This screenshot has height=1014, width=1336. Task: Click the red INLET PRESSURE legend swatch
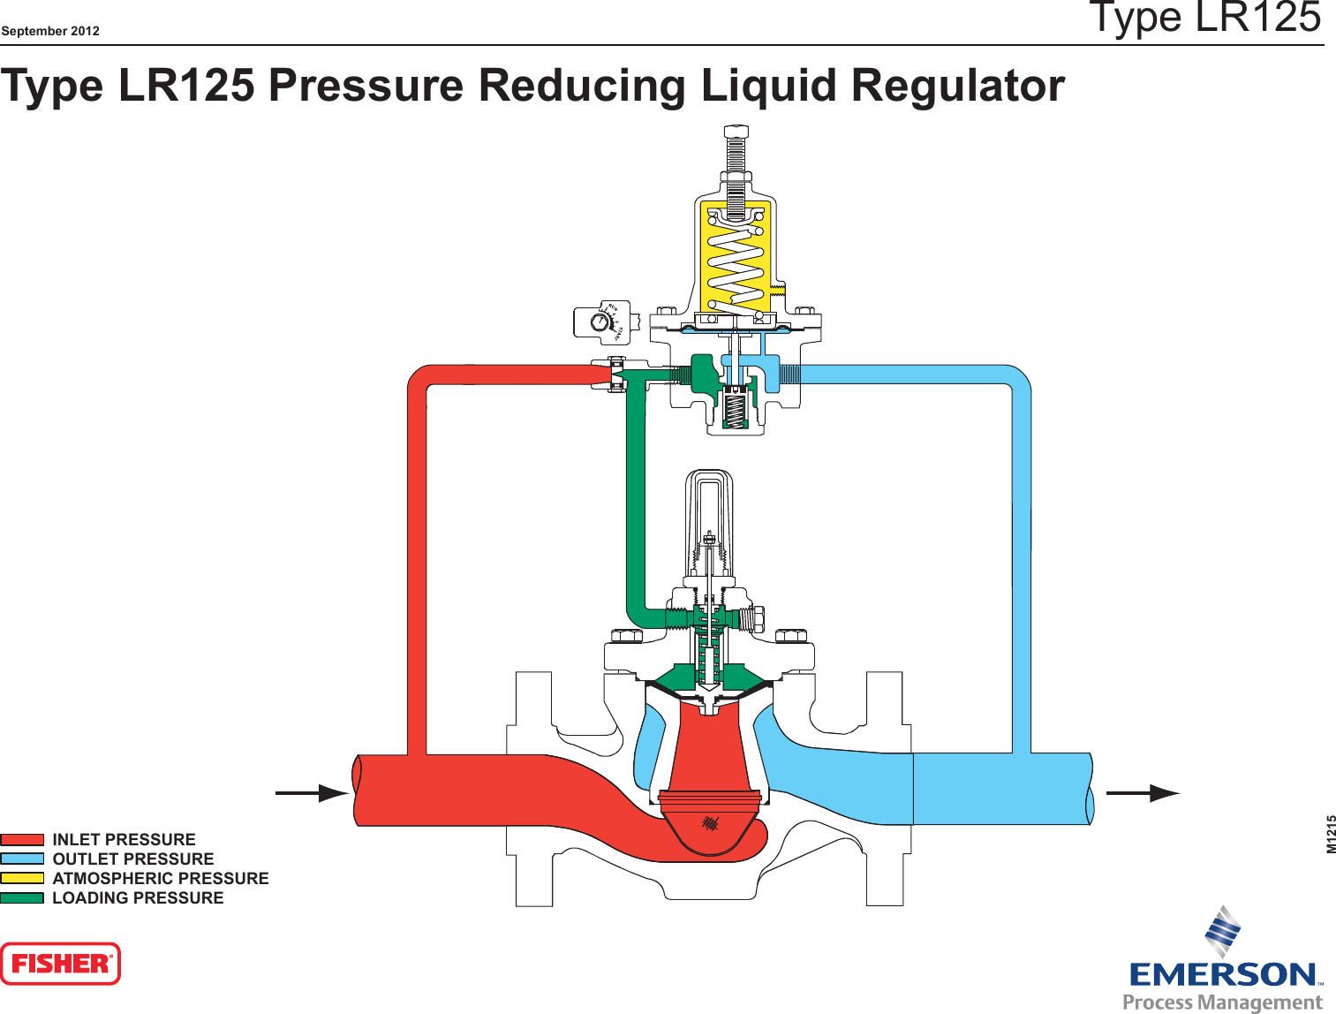22,840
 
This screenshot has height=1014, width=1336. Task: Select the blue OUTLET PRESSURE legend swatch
22,859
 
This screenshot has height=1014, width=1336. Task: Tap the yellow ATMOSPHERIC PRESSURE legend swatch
22,878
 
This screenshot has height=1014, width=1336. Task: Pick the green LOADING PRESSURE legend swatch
22,897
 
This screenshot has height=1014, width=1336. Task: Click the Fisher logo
60,964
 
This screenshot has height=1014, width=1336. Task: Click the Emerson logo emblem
1224,931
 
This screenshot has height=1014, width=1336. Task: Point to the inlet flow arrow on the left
313,793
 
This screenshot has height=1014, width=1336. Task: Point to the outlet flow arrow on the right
1143,793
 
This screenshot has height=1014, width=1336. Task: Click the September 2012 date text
50,31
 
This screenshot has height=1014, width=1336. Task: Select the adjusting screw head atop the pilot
736,132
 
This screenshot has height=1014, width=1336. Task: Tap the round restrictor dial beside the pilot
600,322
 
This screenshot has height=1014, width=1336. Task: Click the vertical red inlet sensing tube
417,565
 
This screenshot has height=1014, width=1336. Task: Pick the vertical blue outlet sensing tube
1022,565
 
